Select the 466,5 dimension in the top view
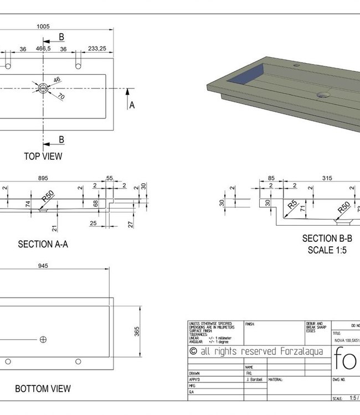pos(44,49)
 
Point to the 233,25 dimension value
pos(97,49)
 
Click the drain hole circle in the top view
pos(43,88)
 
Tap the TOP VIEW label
pos(43,156)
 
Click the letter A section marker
pos(132,105)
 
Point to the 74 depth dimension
pos(27,204)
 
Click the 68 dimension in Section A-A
pos(95,204)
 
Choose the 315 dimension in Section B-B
pos(327,178)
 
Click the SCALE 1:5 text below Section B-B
pos(327,250)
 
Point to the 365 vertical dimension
pos(137,331)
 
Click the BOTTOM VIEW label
pos(43,389)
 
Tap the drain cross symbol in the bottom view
pos(43,339)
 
